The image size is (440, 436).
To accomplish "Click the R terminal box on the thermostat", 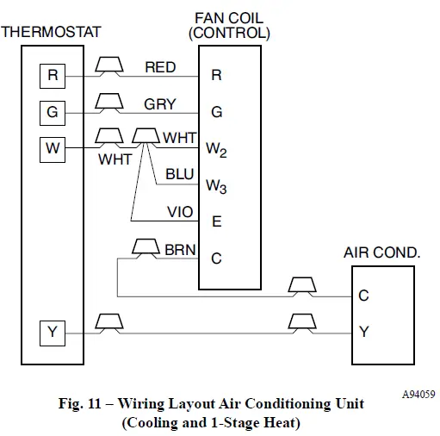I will tap(53, 76).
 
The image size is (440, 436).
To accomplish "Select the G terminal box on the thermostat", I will tap(53, 112).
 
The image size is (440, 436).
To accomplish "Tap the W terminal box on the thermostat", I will tap(53, 148).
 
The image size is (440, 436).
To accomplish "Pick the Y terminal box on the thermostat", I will tap(53, 332).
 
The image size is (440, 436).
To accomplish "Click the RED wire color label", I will tap(161, 67).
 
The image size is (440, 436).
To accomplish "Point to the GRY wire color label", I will tap(160, 104).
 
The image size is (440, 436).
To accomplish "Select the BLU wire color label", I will tap(180, 174).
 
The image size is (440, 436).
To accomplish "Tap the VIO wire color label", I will tap(180, 212).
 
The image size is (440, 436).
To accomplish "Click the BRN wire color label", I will tap(181, 250).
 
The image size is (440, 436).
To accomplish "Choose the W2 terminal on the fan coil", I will tap(216, 149).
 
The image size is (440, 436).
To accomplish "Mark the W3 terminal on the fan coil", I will tap(216, 186).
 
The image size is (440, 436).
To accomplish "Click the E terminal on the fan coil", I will tap(216, 221).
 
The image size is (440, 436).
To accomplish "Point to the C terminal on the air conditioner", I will tap(363, 296).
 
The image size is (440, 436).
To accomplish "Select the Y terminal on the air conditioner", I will tap(363, 332).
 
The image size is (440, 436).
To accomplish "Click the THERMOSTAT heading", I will tap(51, 32).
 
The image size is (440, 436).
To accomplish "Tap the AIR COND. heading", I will tap(381, 253).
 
